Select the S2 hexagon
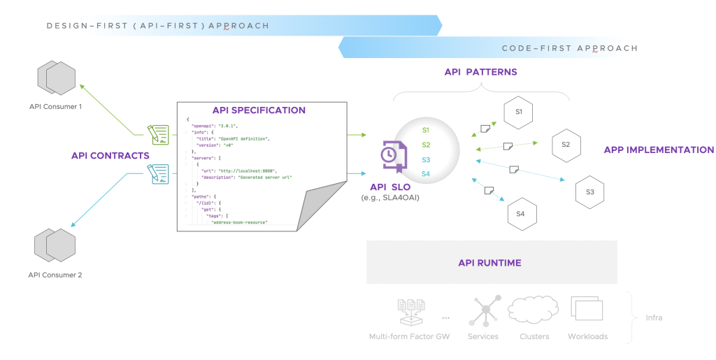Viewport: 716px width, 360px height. coord(566,145)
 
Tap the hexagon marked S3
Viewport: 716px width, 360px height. coord(589,192)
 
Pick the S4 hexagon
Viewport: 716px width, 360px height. coord(520,214)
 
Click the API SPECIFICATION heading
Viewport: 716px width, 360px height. coord(259,110)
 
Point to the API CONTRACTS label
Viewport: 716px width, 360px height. coord(110,155)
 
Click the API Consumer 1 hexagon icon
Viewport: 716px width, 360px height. coord(56,78)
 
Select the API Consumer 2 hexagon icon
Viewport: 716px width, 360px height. coord(55,245)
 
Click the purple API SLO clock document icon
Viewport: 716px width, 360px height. coord(391,157)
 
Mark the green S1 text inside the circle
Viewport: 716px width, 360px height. coord(426,130)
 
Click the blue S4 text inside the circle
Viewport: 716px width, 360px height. coord(426,173)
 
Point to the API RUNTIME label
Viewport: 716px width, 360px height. coord(489,263)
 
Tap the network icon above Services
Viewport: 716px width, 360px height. coord(483,310)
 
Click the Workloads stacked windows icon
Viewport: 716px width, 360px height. coord(587,309)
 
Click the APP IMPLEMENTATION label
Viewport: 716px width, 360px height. coord(659,150)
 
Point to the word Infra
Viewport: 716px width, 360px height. coord(653,317)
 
